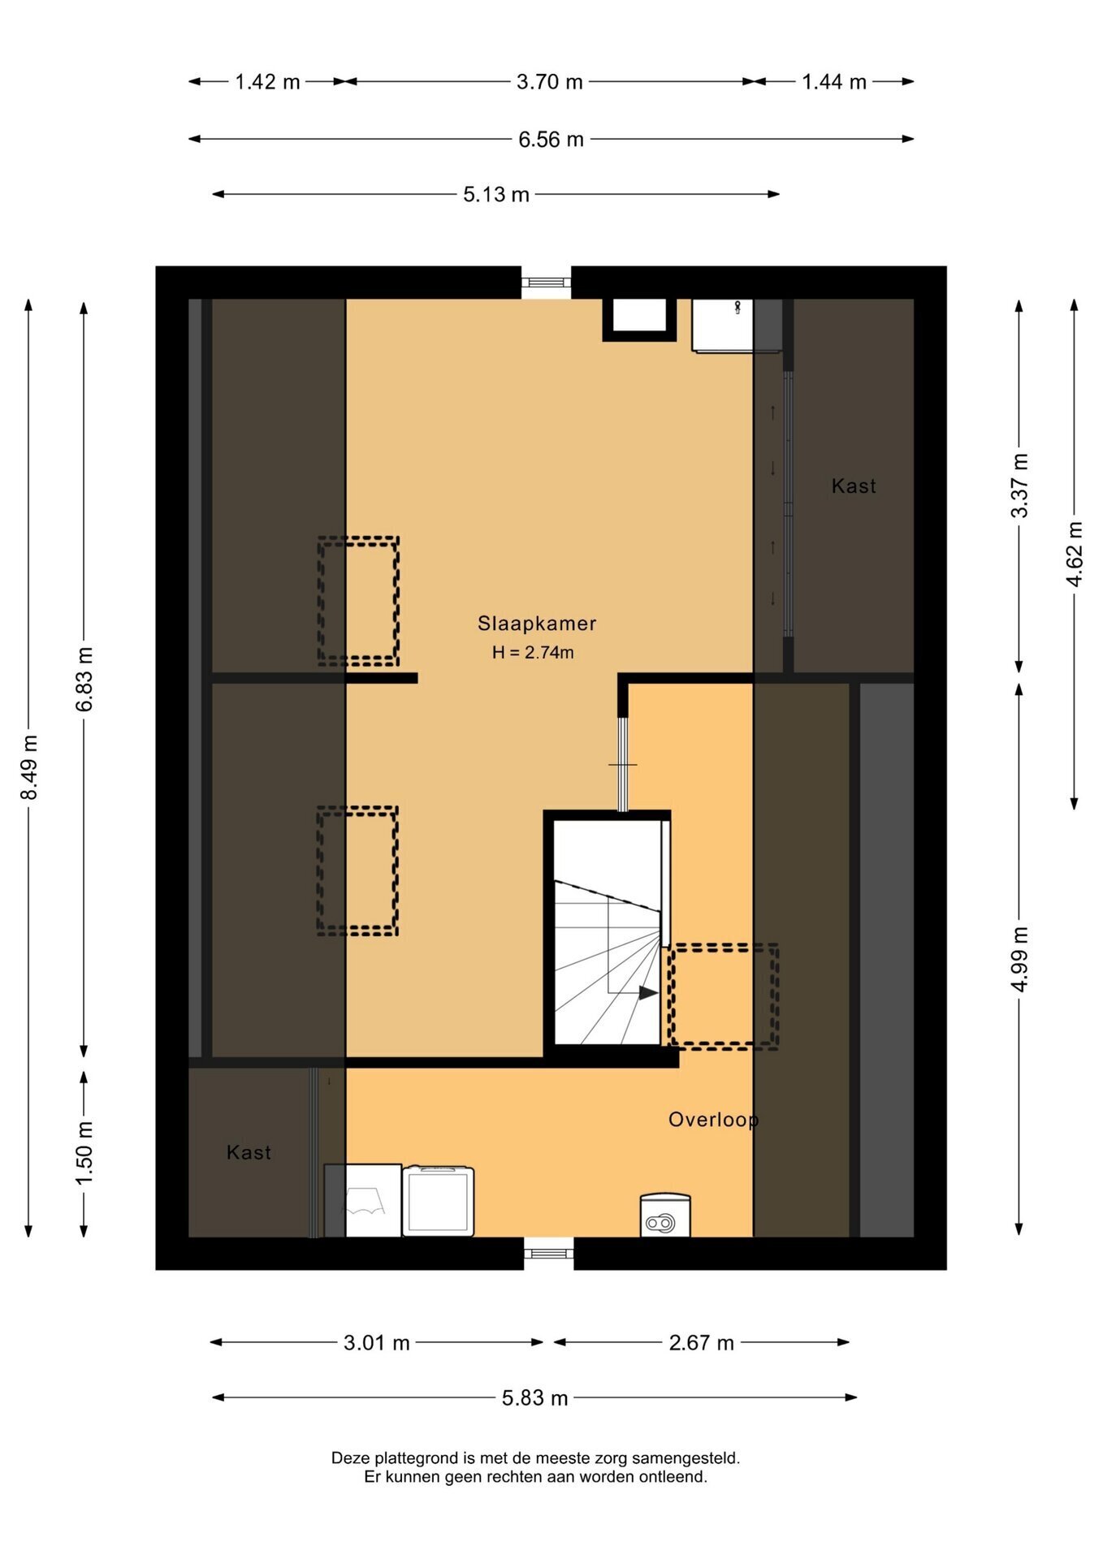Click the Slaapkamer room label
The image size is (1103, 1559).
(537, 624)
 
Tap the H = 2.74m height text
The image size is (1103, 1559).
(533, 652)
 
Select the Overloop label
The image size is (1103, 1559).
(713, 1120)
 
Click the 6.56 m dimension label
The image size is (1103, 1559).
(551, 140)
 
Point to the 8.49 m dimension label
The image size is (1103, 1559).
(29, 767)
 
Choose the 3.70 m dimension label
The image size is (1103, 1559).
(550, 82)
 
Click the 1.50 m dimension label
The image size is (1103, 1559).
(84, 1153)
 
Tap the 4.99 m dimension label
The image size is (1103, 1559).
(1020, 959)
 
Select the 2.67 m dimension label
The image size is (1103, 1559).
(702, 1343)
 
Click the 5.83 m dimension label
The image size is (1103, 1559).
(534, 1398)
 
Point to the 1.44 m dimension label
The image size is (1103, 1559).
(834, 82)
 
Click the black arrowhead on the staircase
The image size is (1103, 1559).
(648, 992)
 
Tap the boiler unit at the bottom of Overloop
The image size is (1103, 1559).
(665, 1216)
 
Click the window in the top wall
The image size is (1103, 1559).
(546, 283)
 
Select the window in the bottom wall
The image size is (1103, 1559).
(548, 1254)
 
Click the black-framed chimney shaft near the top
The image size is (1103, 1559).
(639, 319)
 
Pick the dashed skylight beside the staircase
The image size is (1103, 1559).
(723, 996)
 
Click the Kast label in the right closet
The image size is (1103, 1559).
(854, 486)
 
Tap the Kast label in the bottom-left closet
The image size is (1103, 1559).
(249, 1153)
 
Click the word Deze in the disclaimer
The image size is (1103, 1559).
(349, 1458)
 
